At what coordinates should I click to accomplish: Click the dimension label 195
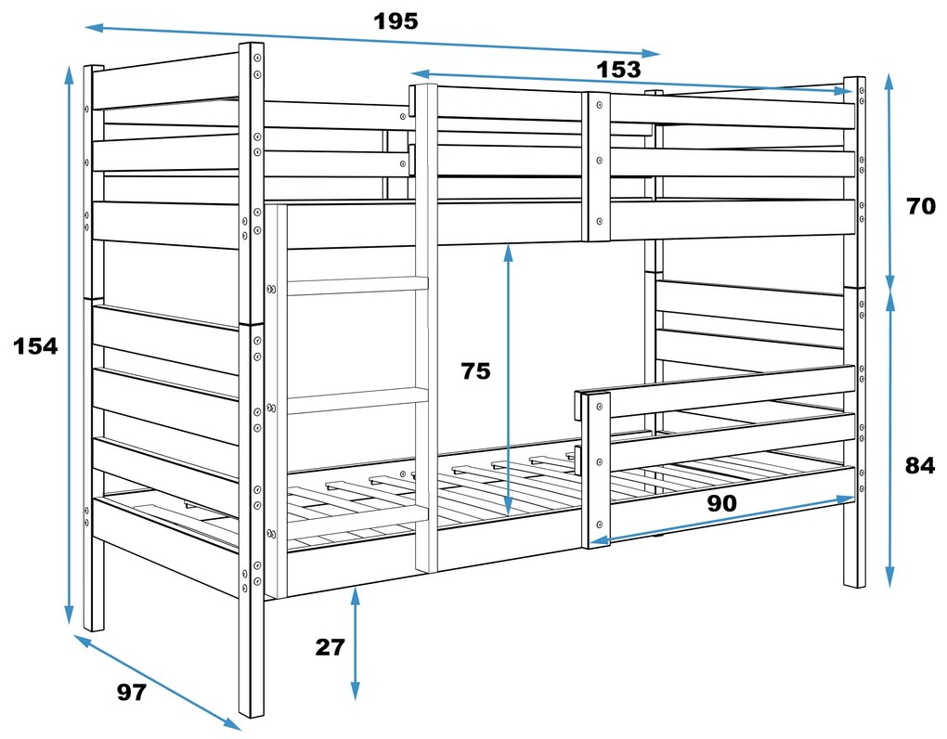[x=396, y=20]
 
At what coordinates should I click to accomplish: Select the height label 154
[x=35, y=346]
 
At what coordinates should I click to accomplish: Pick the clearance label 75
[x=475, y=371]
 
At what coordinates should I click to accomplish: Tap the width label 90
[x=721, y=503]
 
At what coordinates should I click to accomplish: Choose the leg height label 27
[x=330, y=647]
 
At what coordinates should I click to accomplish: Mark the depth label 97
[x=132, y=692]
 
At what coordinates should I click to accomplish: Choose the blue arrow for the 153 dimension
[x=631, y=83]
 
